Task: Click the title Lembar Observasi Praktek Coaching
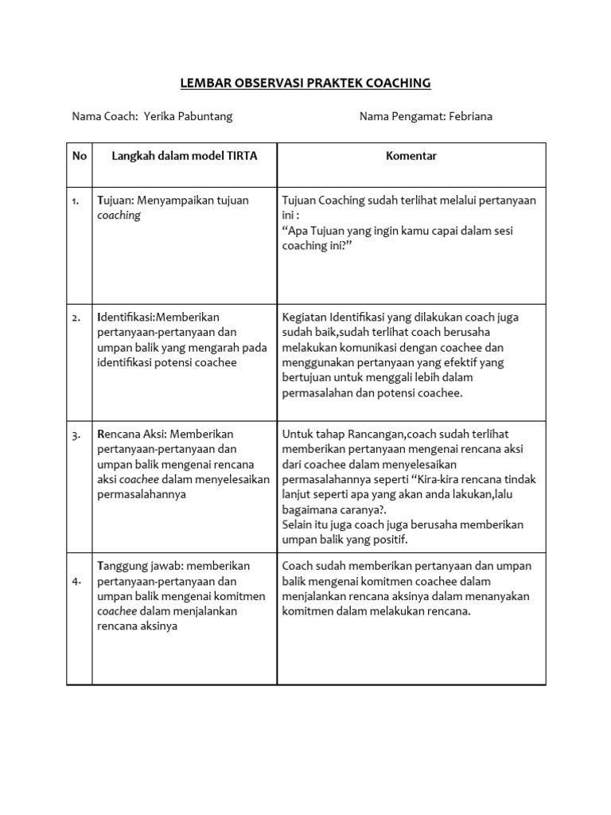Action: click(305, 82)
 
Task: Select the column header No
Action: click(79, 156)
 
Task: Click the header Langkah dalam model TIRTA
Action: click(184, 156)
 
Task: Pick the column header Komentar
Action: click(411, 156)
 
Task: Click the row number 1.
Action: click(76, 201)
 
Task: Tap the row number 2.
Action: click(76, 318)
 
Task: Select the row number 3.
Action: click(76, 435)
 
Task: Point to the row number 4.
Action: click(76, 582)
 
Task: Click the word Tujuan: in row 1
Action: click(117, 201)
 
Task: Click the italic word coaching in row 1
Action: click(119, 216)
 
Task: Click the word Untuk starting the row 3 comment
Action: click(297, 435)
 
